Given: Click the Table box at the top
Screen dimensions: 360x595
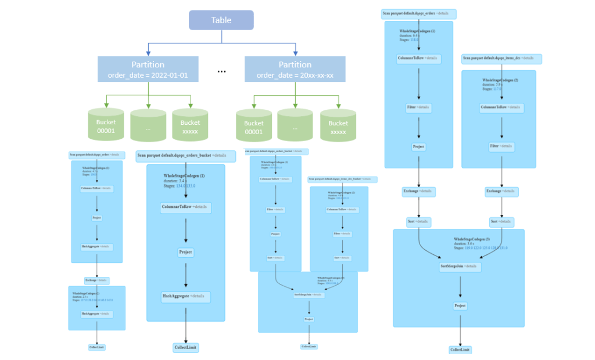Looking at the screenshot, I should [221, 20].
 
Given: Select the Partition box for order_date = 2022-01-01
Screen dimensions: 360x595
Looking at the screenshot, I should [148, 69].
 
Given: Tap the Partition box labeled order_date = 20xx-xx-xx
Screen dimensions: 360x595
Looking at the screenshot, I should [295, 69].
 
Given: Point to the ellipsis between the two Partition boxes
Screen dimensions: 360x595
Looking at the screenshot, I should [221, 71].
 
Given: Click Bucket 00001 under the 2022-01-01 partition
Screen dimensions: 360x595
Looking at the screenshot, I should [106, 125].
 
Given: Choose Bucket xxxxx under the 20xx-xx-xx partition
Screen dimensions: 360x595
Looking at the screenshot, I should [338, 126].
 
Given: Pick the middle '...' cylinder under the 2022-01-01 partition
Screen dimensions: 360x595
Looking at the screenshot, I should [148, 125].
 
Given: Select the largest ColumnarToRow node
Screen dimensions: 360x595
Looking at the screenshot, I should [185, 207].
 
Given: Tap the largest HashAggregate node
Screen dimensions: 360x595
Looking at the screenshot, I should [185, 297].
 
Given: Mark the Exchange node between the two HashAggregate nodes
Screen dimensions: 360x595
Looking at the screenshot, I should [96, 280].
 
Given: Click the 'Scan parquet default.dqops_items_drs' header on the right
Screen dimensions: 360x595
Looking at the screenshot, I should [501, 59].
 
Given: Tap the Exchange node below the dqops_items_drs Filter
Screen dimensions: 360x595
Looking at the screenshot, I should [501, 191].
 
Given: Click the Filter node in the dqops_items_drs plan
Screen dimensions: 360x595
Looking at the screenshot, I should [501, 146].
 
